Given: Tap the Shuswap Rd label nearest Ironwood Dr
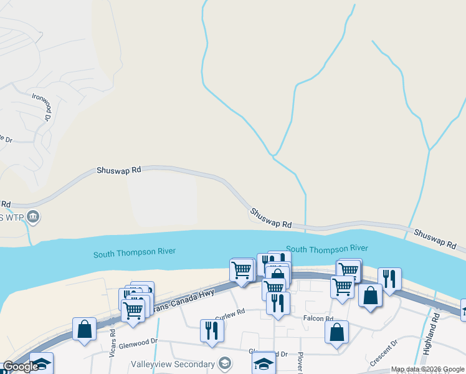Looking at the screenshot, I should click(120, 170).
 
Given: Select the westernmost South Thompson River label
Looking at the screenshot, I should click(135, 252).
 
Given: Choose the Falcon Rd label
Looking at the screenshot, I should click(319, 319).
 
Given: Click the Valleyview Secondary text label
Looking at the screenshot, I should click(173, 363).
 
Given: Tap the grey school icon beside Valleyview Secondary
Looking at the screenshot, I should click(224, 363).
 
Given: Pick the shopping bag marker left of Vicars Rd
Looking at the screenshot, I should click(84, 329).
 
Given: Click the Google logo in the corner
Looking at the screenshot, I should click(21, 367).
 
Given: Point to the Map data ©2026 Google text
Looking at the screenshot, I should click(427, 369).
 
